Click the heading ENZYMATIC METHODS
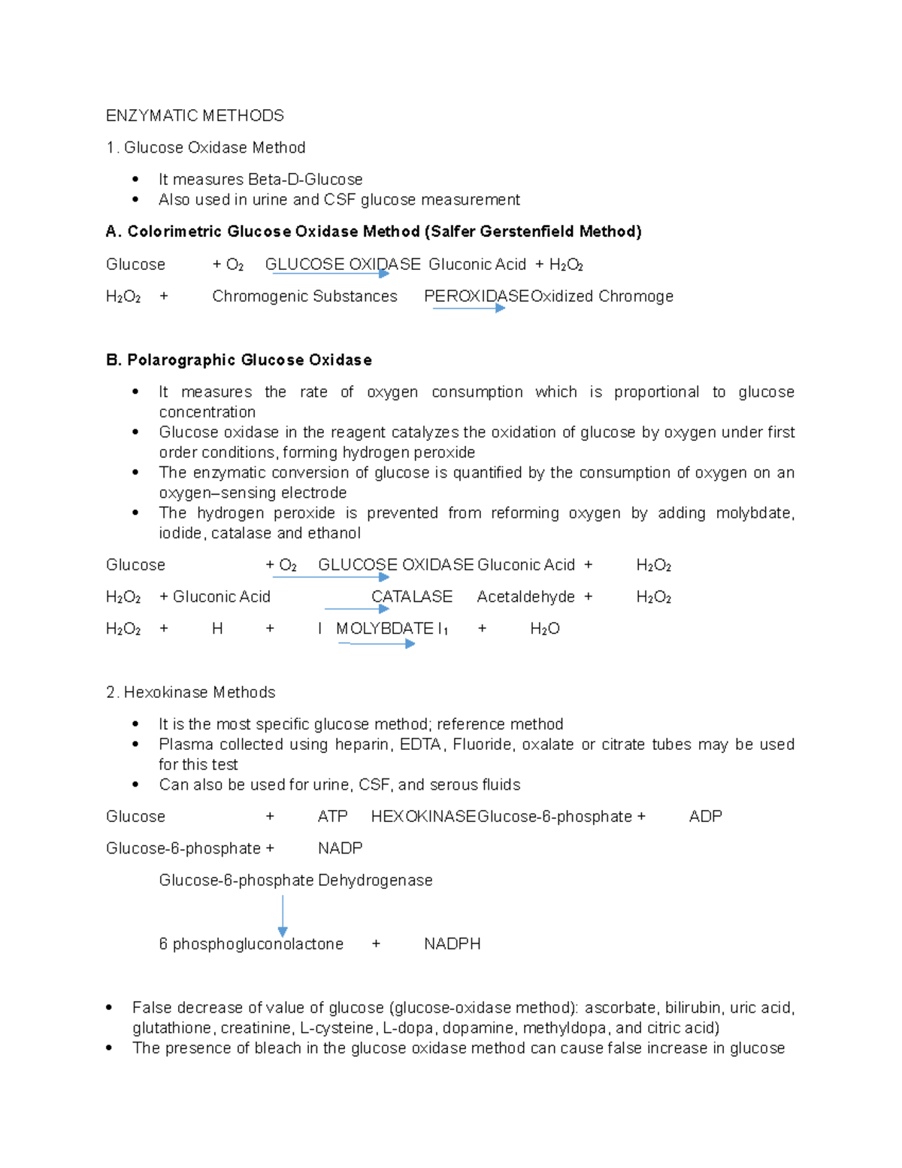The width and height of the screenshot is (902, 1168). (x=195, y=116)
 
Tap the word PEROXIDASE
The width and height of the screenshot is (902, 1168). (x=477, y=296)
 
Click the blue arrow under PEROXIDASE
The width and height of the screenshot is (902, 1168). (x=468, y=308)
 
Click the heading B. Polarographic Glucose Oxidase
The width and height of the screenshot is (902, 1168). (x=239, y=360)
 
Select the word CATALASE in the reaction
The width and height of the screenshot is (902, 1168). (x=412, y=597)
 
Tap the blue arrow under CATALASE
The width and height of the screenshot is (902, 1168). (x=356, y=608)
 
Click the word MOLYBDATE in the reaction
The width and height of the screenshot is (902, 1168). (x=384, y=629)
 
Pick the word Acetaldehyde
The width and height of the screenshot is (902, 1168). (x=525, y=597)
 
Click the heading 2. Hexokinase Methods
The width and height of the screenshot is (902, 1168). (x=191, y=693)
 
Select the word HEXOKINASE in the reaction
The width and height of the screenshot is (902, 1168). (x=423, y=817)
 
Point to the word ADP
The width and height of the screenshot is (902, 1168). (x=705, y=817)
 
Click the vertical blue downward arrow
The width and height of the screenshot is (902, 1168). (x=283, y=916)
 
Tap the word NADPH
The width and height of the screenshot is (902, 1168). (x=452, y=944)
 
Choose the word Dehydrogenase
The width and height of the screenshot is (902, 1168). (x=375, y=881)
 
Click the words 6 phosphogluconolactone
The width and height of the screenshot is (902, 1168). (x=251, y=944)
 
